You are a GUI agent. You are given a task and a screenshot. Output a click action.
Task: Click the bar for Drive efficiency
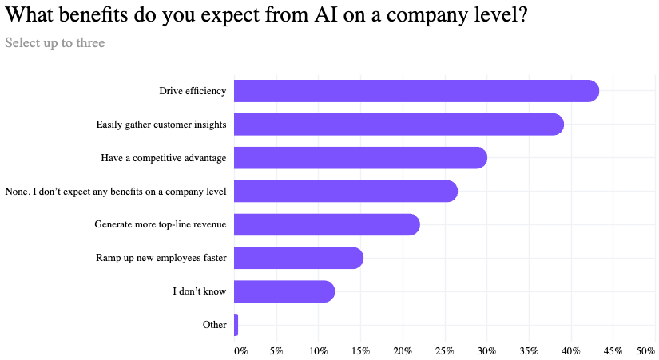(415, 91)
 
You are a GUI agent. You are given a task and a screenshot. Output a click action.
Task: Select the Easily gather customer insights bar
(398, 125)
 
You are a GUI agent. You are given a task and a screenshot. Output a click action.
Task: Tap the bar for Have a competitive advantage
(359, 158)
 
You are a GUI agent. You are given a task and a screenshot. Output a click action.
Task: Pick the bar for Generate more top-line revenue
(326, 225)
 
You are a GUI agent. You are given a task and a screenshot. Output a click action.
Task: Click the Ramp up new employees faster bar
(298, 259)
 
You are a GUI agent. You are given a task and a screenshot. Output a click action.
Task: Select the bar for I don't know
(284, 292)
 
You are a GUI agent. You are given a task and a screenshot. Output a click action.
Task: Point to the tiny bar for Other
(236, 325)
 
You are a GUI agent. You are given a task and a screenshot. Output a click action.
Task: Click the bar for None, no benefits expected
(345, 192)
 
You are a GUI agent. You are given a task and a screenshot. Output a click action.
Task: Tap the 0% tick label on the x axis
(240, 350)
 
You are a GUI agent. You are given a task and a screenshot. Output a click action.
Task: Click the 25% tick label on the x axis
(445, 350)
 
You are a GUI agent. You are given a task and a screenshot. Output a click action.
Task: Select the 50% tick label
(645, 350)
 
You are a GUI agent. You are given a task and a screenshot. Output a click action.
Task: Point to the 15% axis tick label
(360, 350)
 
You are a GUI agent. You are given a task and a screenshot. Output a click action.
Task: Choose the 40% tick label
(571, 350)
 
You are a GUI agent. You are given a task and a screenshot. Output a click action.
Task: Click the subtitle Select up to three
(54, 42)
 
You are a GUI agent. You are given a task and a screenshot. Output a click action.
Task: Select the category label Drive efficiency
(193, 91)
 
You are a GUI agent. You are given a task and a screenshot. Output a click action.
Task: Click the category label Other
(214, 325)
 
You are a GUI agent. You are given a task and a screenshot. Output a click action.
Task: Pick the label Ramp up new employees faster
(161, 259)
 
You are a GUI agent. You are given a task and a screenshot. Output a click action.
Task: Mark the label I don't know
(199, 292)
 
